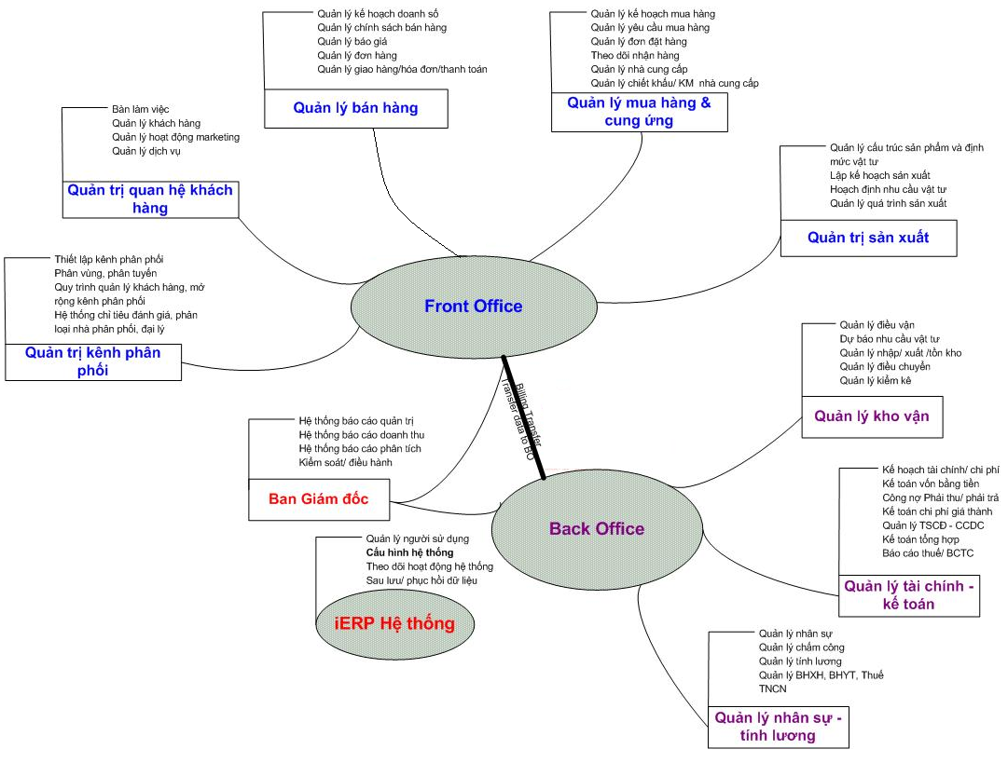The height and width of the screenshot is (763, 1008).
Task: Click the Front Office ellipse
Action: point(473,307)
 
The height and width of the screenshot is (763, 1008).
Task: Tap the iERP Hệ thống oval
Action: point(394,623)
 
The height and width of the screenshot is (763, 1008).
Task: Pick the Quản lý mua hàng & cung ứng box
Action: point(639,112)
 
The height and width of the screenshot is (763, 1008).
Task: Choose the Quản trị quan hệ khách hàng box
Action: point(150,198)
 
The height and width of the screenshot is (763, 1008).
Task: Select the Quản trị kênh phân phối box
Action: point(93,361)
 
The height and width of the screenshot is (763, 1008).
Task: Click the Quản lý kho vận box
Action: point(871,416)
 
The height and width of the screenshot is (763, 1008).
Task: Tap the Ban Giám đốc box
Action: point(319,499)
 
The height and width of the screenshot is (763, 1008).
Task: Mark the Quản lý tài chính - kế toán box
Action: point(909,595)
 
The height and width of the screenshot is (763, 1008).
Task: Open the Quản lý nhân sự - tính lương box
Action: point(779,727)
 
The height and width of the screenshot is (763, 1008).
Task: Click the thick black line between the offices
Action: point(523,416)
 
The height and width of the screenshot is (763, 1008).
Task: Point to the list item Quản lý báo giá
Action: point(352,42)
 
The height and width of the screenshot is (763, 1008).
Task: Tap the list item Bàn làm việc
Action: point(140,110)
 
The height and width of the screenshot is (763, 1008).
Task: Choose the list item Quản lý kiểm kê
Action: point(875,380)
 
